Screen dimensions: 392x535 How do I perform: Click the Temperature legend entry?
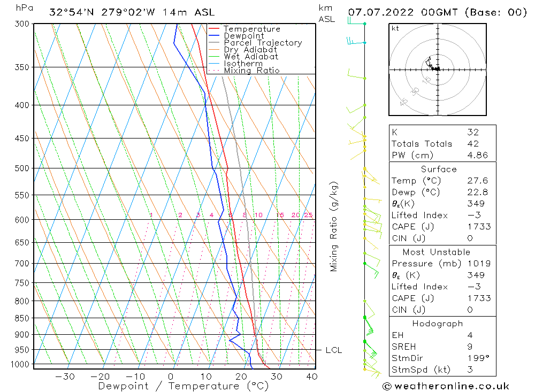click(251, 29)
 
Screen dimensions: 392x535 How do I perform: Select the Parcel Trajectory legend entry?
click(262, 43)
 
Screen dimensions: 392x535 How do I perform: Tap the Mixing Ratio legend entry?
click(251, 71)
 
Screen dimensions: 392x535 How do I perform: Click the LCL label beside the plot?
click(333, 350)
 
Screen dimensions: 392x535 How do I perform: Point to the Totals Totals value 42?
click(472, 143)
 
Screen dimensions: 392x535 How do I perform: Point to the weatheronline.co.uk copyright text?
click(446, 386)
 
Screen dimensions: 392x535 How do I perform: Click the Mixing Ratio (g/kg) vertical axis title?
click(334, 226)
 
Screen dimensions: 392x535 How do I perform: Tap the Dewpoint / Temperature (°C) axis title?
click(183, 386)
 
